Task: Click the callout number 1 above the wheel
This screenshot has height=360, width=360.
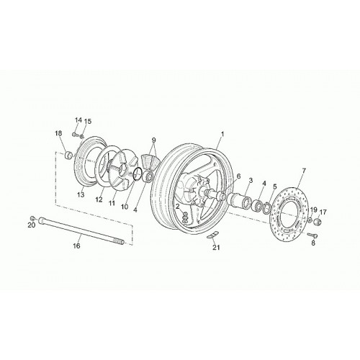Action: (222, 134)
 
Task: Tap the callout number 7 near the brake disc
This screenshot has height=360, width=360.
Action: (304, 171)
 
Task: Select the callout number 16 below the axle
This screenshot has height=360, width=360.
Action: (77, 246)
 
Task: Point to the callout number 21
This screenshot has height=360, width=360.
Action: (216, 248)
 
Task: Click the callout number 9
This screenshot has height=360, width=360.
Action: (153, 140)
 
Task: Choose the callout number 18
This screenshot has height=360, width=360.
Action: (58, 133)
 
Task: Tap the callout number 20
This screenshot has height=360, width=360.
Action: (32, 225)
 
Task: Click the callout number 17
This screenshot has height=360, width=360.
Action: (323, 212)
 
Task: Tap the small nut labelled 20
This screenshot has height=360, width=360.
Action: (32, 218)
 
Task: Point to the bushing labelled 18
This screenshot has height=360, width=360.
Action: (68, 155)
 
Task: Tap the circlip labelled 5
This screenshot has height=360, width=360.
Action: (267, 207)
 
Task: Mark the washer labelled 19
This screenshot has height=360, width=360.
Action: (310, 220)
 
